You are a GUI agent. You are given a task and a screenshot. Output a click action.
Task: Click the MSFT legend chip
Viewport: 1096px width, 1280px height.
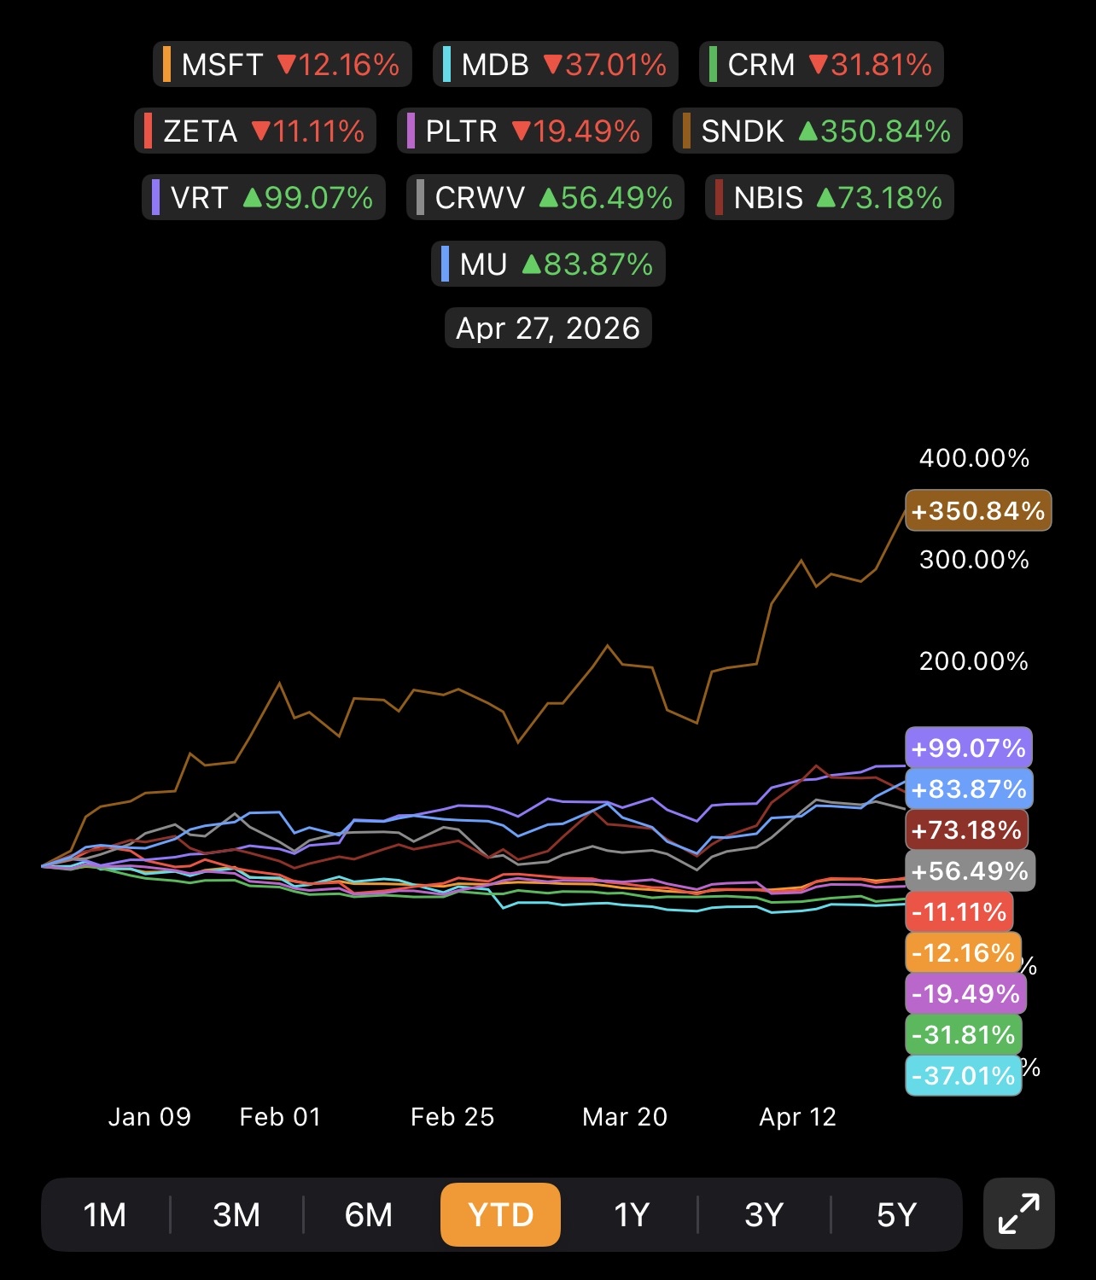tap(283, 64)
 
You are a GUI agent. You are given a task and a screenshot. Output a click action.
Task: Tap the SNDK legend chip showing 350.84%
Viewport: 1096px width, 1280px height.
tap(817, 131)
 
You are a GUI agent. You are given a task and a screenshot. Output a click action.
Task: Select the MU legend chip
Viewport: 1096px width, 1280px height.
tap(548, 264)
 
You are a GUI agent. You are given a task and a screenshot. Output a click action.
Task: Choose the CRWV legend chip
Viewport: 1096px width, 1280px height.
tap(545, 197)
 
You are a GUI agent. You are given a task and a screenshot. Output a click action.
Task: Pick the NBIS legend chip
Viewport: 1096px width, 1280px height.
tap(830, 197)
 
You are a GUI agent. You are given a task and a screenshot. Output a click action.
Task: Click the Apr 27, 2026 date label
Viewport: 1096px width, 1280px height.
tap(548, 328)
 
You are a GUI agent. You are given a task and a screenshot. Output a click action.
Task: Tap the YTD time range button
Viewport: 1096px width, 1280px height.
tap(500, 1214)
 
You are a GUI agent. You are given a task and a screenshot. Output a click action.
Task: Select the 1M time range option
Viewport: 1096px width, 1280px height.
tap(105, 1214)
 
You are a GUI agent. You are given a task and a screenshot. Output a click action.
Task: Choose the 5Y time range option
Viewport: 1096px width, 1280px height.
tap(896, 1214)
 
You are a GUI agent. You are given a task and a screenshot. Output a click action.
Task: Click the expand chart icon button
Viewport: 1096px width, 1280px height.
tap(1019, 1213)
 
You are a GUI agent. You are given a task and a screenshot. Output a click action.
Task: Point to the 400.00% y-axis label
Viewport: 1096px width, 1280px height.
tap(974, 458)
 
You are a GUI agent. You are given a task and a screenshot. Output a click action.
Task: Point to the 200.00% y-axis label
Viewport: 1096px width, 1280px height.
tap(974, 661)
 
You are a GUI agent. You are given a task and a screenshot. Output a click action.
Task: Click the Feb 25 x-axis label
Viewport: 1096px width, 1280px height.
tap(452, 1117)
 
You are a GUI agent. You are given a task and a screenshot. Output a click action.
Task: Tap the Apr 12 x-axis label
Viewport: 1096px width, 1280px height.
tap(798, 1117)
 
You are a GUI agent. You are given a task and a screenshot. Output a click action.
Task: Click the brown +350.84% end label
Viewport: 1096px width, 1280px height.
tap(978, 511)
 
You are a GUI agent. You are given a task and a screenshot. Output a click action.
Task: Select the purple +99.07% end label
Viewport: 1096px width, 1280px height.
tap(969, 748)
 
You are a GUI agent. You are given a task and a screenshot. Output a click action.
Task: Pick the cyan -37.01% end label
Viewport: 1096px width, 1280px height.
tap(964, 1076)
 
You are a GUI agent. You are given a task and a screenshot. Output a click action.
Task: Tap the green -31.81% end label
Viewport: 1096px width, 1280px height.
tap(964, 1035)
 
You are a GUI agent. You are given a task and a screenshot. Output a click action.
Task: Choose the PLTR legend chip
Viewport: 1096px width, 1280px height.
tap(524, 131)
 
